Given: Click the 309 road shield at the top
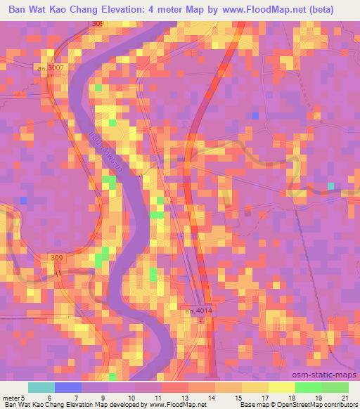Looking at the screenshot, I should coord(98,24).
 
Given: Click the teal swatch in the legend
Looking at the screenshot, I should coord(41,387).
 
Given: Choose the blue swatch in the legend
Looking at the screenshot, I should coord(67,387).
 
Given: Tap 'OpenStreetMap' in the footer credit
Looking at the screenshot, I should coord(292,405).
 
